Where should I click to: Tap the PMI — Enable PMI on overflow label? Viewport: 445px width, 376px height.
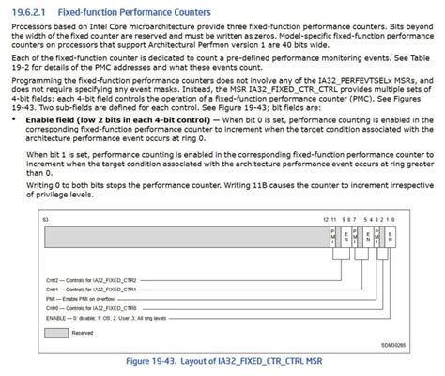[x=84, y=300]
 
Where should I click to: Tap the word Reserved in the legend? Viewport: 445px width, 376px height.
[x=89, y=333]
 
